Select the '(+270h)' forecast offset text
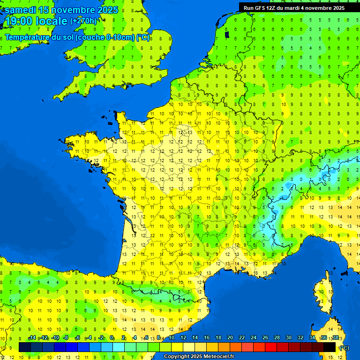point(83,21)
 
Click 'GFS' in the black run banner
point(262,8)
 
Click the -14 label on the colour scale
point(32,338)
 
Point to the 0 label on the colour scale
point(112,338)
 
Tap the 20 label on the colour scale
point(230,338)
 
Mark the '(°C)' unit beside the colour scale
point(344,348)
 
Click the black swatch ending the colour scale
point(330,347)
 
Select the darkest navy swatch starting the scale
point(24,347)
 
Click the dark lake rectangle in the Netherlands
point(227,34)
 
